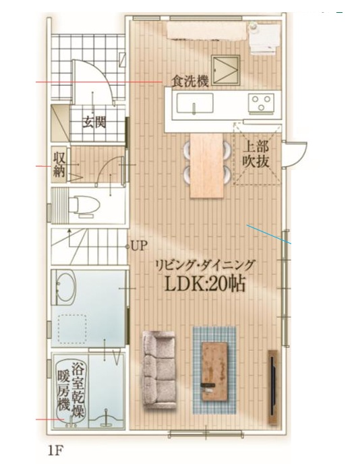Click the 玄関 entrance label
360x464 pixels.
coord(94,121)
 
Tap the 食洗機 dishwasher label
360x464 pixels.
coord(191,82)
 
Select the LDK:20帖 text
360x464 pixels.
coord(205,285)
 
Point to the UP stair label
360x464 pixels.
coord(139,245)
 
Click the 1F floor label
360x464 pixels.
coord(55,451)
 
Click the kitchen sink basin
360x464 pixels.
coord(195,103)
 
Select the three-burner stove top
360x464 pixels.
coord(261,103)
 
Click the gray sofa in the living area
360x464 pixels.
coord(159,370)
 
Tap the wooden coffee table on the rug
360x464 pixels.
coord(214,372)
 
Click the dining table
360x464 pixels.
coord(207,165)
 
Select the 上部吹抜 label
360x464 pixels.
coord(256,154)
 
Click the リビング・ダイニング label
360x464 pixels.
coord(205,265)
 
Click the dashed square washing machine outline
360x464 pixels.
coord(73,329)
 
